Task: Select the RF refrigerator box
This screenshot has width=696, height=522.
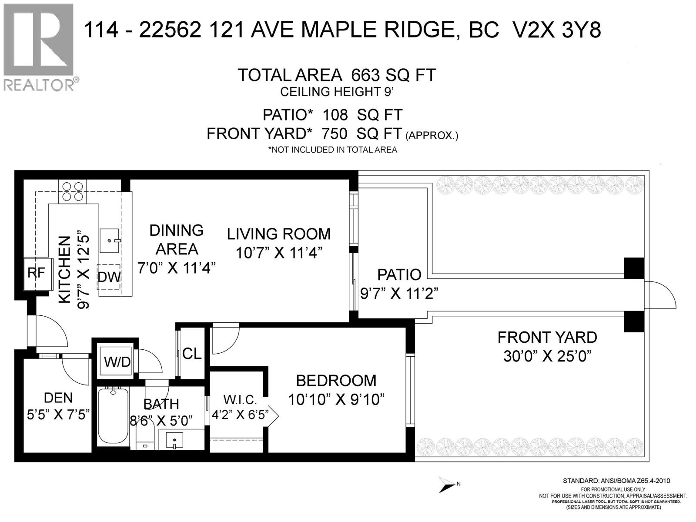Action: pos(37,273)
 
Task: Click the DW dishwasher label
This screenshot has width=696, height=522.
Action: pos(109,277)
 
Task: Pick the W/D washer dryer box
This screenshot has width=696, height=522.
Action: pos(117,361)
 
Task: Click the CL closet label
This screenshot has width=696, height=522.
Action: pos(192,354)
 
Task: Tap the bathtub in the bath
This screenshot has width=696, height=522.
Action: pos(113,415)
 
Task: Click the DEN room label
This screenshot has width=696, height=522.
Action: pos(58,398)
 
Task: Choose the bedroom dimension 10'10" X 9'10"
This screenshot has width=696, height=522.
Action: pos(336,399)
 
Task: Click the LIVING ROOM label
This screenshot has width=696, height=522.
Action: pos(279,234)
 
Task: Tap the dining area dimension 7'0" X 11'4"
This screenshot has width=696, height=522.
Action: pos(177,268)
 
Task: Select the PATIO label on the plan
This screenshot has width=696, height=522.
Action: pos(399,274)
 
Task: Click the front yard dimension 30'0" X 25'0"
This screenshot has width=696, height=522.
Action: pos(548,356)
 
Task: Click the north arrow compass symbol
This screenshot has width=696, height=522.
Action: pos(448,484)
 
